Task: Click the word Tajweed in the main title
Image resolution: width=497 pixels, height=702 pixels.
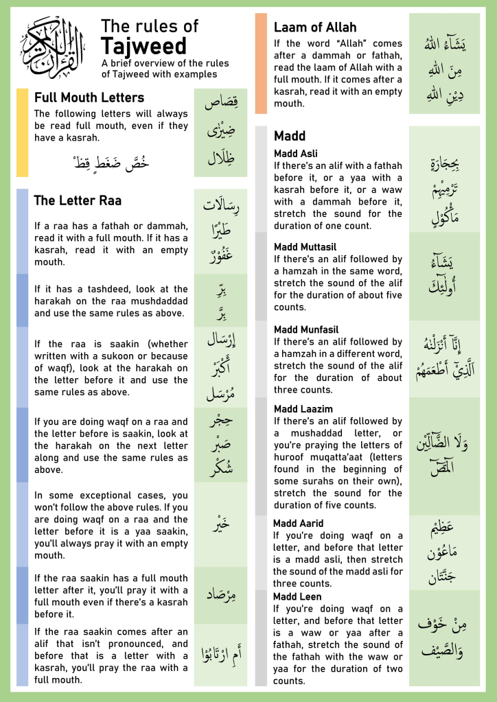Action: point(143,46)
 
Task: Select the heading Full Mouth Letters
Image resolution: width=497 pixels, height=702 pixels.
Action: point(89,97)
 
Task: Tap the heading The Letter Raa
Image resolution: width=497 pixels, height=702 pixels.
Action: point(78,200)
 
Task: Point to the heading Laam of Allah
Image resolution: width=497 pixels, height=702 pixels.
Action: point(315,27)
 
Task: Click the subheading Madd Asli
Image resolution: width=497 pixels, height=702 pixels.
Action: point(296,154)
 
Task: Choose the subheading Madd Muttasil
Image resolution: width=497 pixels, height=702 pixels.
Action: point(305,247)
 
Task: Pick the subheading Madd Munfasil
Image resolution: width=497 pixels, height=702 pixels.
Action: point(306,329)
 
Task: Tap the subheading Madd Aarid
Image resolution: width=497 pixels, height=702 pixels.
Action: point(299,524)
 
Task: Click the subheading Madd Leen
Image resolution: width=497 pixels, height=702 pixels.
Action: point(297,597)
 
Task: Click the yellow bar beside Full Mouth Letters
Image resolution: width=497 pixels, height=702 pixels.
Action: point(22,132)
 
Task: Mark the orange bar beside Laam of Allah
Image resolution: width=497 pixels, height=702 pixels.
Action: point(261,63)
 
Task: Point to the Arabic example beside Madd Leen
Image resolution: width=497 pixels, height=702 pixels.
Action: point(444,637)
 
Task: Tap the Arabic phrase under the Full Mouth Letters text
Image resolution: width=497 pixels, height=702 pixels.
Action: point(112,163)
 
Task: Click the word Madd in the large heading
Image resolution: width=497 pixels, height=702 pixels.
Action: point(290,136)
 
